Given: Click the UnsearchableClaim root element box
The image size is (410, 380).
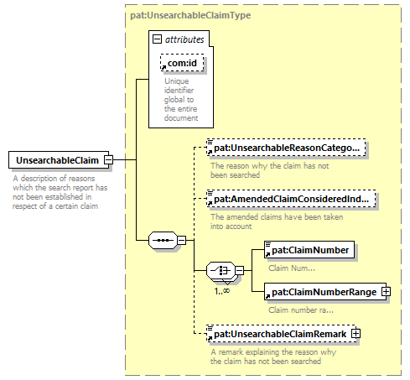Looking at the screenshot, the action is tap(59, 160).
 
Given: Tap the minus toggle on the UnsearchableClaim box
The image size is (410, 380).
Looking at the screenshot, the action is tap(108, 160).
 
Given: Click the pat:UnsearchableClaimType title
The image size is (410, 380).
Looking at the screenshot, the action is tap(190, 15).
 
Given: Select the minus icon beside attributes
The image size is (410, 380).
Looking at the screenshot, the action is tap(157, 39).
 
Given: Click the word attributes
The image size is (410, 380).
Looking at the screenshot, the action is tap(184, 39).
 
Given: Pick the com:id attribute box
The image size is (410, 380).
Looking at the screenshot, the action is tap(182, 63).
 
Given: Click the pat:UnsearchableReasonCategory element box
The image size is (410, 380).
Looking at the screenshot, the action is tap(286, 147).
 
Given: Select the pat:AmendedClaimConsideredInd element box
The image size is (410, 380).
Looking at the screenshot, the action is tap(291, 199).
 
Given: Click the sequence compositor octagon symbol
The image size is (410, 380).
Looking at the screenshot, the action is tap(163, 240).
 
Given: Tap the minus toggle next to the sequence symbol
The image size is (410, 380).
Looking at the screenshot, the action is tap(182, 240).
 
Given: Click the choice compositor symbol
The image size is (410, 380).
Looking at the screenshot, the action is tap(221, 270).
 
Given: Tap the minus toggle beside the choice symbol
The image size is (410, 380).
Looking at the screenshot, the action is tap(240, 270).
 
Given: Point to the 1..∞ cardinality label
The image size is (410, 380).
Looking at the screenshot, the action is tap(222, 291).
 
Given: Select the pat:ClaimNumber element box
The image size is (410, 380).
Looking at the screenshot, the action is tap(309, 250).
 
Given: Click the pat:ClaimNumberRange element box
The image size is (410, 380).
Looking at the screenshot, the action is tap(325, 292).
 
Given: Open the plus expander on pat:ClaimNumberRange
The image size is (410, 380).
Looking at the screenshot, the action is tap(386, 292).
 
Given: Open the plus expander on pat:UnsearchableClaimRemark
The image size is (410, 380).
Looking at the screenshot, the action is tap(356, 334).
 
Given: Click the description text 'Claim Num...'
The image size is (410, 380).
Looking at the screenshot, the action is tap(292, 268).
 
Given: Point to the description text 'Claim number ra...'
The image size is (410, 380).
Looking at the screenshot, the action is tap(301, 310).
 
